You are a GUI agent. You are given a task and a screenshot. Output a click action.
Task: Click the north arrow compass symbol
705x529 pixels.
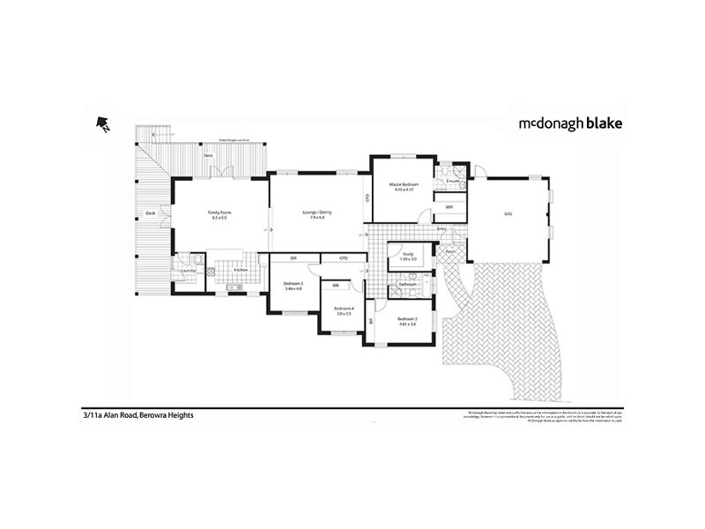click(102, 125)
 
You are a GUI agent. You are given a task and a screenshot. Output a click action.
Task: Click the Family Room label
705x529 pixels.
click(219, 212)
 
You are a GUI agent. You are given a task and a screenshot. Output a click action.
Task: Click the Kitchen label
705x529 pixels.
click(240, 270)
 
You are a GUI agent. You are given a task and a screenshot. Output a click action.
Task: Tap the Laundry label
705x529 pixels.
click(187, 270)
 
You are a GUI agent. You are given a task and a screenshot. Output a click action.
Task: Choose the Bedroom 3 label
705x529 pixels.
click(293, 283)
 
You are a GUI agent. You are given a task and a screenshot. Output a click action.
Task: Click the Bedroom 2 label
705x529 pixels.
click(406, 318)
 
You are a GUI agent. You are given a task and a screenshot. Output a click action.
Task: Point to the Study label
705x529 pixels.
click(406, 253)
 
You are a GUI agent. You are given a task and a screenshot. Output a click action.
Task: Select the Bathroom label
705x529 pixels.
click(407, 285)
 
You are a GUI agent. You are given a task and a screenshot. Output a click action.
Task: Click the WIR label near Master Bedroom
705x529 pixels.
click(449, 207)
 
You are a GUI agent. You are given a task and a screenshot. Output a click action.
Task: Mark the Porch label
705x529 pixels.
click(450, 250)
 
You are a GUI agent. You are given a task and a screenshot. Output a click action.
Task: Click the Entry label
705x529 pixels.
click(442, 229)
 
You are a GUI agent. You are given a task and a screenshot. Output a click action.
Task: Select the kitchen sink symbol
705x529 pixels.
click(233, 287)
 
